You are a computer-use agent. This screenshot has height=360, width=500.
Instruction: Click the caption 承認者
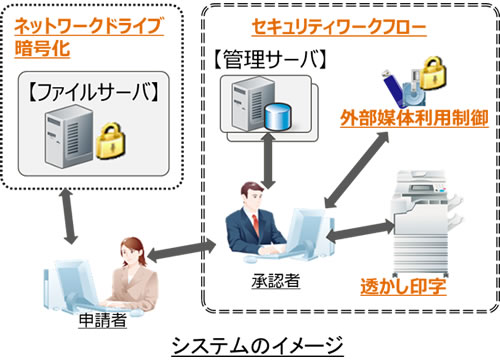click(x=269, y=275)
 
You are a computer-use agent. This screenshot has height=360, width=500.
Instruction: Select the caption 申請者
click(x=99, y=323)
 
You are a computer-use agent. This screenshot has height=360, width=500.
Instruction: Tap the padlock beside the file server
click(x=135, y=138)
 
